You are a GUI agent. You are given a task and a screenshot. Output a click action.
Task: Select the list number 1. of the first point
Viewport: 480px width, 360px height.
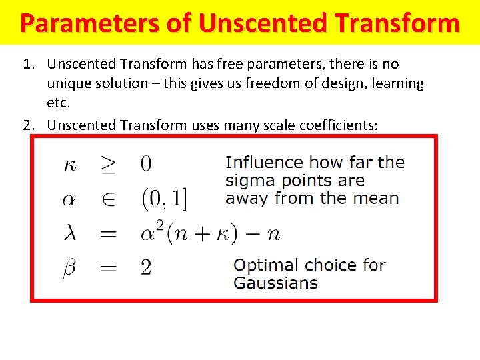28,64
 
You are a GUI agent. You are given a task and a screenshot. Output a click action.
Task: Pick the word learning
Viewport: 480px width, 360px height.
395,83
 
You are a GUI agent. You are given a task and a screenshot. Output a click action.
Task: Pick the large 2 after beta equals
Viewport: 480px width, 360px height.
146,268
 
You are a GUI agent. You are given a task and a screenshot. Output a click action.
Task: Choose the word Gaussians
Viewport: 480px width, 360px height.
275,283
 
